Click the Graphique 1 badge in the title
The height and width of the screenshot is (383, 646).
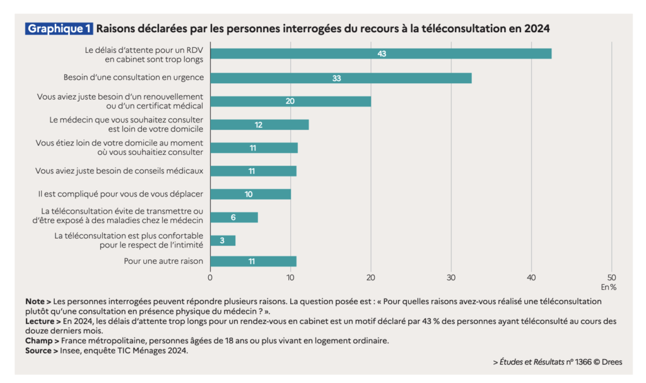coord(59,29)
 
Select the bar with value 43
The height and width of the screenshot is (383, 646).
coord(380,54)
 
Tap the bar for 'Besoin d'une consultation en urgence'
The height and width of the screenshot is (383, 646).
coord(341,78)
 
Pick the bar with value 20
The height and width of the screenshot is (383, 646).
coord(290,101)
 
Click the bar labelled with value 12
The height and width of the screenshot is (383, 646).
coord(259,125)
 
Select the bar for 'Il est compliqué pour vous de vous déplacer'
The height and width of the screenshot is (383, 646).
coord(250,194)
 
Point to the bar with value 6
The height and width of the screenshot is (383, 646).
coord(234,217)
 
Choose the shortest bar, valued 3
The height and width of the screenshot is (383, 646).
coord(223,241)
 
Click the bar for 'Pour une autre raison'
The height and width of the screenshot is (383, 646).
coord(253,261)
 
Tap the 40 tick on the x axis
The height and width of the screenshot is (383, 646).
coord(531,278)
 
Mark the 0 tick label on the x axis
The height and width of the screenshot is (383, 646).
coord(210,278)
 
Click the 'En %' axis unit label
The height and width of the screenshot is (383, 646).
coord(608,288)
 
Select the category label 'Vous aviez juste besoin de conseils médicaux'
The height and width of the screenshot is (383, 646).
coord(119,171)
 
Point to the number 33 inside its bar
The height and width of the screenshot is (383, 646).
coord(337,78)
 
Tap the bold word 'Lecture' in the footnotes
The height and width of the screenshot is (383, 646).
coord(39,321)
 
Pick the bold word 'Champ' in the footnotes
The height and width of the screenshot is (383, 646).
coord(38,341)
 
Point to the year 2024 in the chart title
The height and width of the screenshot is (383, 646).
coord(534,29)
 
